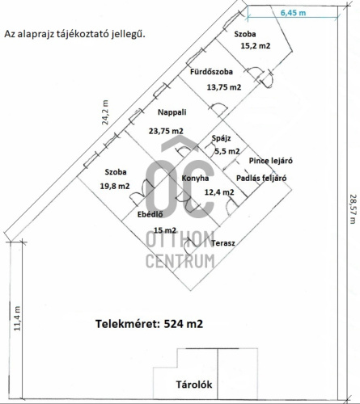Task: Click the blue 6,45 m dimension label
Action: click(x=293, y=12)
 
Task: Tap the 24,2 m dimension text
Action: click(x=105, y=112)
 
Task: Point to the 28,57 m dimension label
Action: click(x=352, y=209)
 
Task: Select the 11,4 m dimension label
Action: click(x=17, y=318)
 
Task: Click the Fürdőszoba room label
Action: click(x=211, y=72)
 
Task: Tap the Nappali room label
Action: click(x=172, y=112)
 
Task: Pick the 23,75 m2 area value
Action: click(x=166, y=131)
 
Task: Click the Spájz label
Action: click(x=221, y=138)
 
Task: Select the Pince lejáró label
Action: click(x=271, y=161)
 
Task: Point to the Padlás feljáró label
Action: click(x=261, y=178)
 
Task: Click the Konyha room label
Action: click(x=195, y=179)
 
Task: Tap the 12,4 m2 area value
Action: click(x=219, y=192)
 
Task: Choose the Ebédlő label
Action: click(x=150, y=214)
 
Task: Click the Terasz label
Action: click(x=223, y=243)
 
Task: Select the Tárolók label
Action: click(x=194, y=385)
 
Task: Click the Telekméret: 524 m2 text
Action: click(x=149, y=324)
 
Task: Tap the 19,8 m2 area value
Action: click(x=115, y=186)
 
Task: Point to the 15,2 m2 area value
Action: click(x=256, y=46)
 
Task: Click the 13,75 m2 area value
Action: click(x=224, y=87)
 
